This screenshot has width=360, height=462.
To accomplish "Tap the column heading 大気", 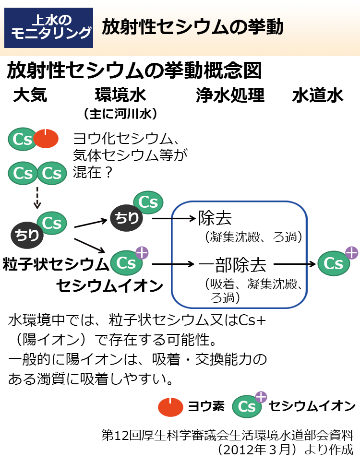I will (x=30, y=95).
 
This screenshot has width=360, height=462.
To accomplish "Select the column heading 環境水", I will (x=120, y=95).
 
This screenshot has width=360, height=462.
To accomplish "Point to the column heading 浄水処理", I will (x=230, y=95).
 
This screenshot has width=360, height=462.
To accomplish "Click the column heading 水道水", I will (x=318, y=95).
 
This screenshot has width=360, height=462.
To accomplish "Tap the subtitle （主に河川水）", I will (x=120, y=114).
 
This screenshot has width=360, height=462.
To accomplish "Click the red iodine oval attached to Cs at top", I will (x=45, y=139).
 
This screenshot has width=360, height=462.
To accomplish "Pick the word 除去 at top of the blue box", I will (x=215, y=218).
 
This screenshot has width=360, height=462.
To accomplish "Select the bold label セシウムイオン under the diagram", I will (x=109, y=285).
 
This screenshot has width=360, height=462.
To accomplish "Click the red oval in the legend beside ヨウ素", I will (x=170, y=407).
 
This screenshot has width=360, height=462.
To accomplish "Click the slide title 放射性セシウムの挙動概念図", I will (x=134, y=71).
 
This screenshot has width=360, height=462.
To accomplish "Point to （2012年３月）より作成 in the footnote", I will (x=284, y=450).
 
